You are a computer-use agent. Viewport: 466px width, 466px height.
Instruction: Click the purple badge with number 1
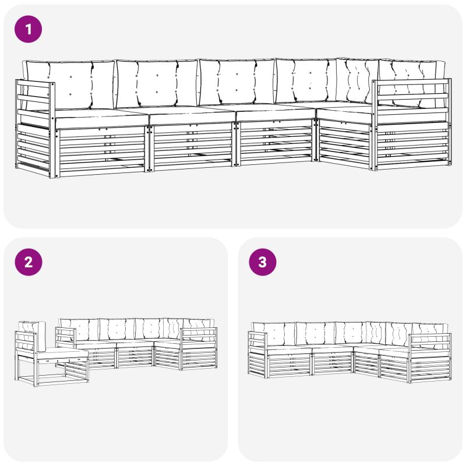[28, 29]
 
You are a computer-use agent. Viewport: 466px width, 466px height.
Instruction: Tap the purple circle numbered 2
[28, 262]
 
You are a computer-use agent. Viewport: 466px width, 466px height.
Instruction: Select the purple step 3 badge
[263, 262]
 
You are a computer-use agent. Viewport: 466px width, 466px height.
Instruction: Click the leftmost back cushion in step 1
[70, 85]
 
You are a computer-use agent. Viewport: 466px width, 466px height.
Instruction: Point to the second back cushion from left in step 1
[157, 83]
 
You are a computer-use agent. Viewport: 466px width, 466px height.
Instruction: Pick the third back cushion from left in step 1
[237, 82]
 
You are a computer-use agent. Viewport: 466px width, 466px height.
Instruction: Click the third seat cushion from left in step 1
[274, 112]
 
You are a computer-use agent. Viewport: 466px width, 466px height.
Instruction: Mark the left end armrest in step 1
[35, 128]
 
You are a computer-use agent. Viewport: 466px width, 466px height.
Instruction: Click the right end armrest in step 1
[412, 124]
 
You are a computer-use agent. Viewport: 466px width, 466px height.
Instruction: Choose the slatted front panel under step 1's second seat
[192, 147]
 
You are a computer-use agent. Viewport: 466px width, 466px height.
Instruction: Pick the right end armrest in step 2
[199, 348]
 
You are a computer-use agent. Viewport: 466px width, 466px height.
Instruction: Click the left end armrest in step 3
[257, 355]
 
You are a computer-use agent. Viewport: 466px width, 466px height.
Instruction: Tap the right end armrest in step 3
[430, 358]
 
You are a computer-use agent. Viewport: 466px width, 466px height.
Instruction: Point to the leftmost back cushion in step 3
[273, 334]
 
